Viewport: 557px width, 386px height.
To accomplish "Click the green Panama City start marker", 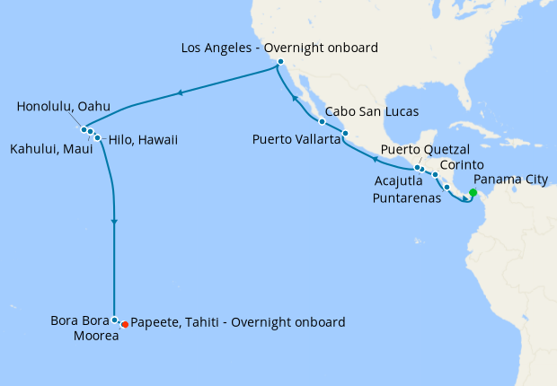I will (x=473, y=192).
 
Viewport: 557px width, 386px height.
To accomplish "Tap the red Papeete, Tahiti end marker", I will (x=125, y=324).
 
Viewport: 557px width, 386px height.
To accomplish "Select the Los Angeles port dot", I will (x=280, y=62).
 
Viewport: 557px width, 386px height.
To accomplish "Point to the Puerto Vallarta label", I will (x=296, y=139).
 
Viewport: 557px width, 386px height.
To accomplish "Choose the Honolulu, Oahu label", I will (x=63, y=107).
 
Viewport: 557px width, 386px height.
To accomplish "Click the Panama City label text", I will (x=509, y=180).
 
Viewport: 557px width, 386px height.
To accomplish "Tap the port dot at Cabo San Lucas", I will (x=321, y=121).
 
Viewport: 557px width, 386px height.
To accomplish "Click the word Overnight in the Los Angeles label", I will (x=303, y=46).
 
